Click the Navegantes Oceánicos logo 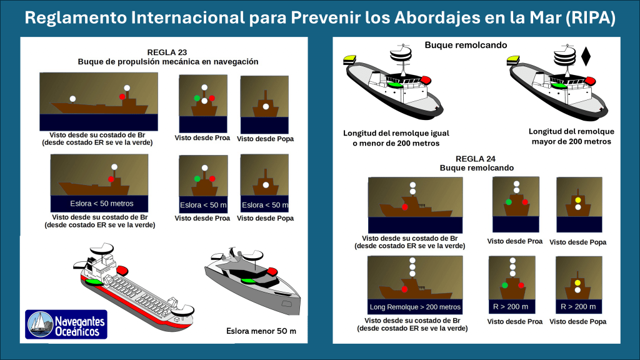[66, 324]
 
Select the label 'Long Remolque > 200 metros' [415, 307]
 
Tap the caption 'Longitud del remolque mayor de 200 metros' [571, 136]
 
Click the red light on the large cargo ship [121, 270]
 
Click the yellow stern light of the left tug [349, 59]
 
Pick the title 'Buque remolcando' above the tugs [466, 44]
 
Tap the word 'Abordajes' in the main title [425, 19]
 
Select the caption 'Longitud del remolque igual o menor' [396, 138]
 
